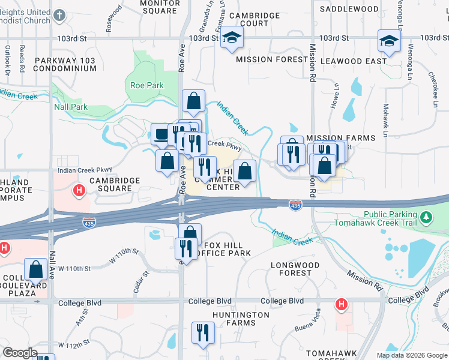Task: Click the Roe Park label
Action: tap(147, 85)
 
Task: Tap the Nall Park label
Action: tap(71, 107)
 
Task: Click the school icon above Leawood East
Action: tap(388, 41)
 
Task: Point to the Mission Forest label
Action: tap(267, 60)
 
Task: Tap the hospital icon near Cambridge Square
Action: tap(78, 191)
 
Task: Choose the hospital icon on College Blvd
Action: tap(341, 304)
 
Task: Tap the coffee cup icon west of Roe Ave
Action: tap(161, 134)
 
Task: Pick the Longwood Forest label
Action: tap(291, 268)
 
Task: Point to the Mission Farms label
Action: tap(340, 137)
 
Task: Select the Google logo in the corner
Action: tap(20, 353)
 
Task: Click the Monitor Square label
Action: tap(160, 7)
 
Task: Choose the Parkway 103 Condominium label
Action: tap(65, 64)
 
